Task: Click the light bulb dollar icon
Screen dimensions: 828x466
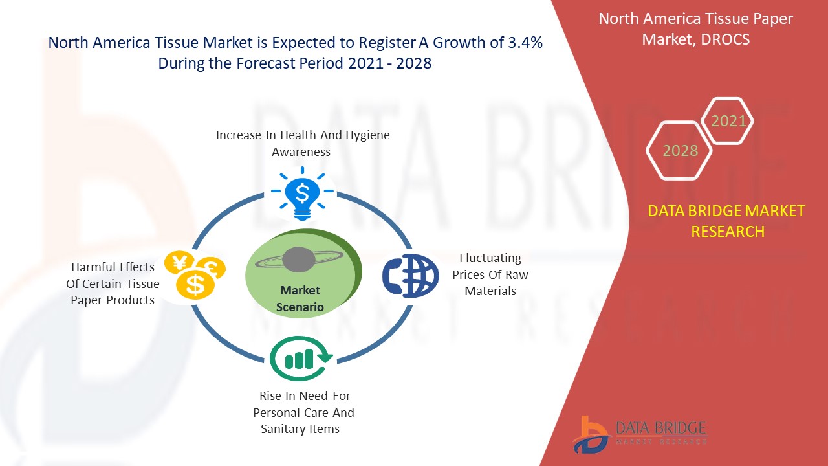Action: click(302, 194)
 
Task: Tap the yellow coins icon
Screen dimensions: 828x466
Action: click(195, 275)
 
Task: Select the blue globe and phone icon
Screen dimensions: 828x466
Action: click(410, 276)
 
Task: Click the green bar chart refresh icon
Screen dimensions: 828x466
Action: click(301, 359)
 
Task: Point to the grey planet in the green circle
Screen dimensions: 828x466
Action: click(299, 260)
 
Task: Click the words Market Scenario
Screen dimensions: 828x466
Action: click(300, 298)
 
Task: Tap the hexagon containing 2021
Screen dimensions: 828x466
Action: click(727, 120)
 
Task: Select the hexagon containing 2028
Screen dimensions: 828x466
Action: click(679, 151)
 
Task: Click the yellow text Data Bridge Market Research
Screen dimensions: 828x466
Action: click(726, 221)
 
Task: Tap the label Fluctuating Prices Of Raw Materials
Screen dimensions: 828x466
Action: click(490, 274)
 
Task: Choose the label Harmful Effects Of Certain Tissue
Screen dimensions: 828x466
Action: click(113, 275)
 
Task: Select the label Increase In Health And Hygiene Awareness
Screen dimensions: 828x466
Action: click(303, 143)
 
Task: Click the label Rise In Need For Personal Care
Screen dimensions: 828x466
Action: click(303, 404)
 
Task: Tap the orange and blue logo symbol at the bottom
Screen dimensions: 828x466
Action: click(590, 435)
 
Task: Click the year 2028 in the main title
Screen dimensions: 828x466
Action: click(413, 63)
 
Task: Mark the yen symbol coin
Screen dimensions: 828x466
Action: click(180, 262)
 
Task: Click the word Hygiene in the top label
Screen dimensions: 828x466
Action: click(367, 136)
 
